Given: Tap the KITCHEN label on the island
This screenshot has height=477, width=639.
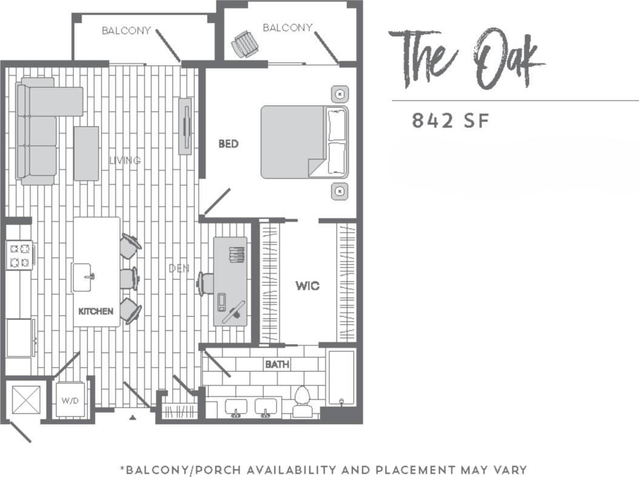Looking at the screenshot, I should [96, 311].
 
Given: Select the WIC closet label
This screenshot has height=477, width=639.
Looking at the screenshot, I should [307, 285].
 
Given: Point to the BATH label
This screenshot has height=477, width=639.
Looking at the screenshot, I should [276, 364].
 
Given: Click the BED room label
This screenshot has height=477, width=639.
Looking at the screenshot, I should [229, 144].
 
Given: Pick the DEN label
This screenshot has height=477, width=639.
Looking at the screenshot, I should [179, 268].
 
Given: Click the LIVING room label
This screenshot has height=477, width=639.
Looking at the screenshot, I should [125, 161].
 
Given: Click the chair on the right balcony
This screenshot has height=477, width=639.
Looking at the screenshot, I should [245, 44].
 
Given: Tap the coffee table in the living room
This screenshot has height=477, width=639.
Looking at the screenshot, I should [86, 153].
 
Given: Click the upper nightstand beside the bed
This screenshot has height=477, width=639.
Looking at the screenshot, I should [340, 95].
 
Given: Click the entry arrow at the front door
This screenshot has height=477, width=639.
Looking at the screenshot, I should [133, 417].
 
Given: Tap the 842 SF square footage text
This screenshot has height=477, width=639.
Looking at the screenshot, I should [450, 121].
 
